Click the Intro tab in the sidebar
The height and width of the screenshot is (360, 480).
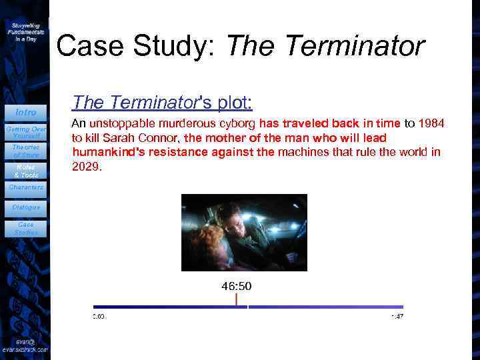click(25, 112)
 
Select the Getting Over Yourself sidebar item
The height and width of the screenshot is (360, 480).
click(25, 131)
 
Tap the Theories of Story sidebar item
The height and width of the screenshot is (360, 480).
click(25, 151)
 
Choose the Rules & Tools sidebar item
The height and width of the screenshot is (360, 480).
click(25, 171)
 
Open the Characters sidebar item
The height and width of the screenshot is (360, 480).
click(25, 187)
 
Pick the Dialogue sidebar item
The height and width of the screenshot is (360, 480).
click(25, 207)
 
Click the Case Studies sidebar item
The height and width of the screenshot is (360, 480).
click(25, 229)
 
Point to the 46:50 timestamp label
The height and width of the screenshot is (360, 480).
click(236, 286)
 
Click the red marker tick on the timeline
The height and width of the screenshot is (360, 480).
click(236, 299)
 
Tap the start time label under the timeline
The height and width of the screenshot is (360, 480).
click(98, 316)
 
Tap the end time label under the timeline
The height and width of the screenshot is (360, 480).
click(397, 316)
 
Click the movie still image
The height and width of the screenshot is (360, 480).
click(244, 232)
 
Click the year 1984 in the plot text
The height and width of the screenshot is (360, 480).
click(431, 123)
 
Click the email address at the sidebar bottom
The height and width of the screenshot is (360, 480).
click(25, 345)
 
